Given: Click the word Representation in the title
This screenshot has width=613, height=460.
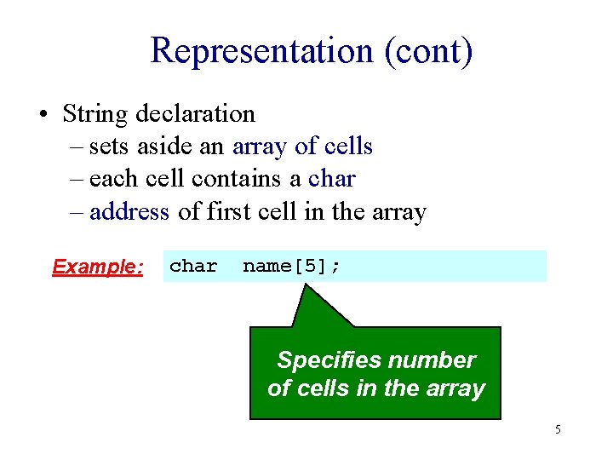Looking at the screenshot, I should pyautogui.click(x=261, y=50).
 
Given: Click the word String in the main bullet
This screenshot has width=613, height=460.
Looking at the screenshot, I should pyautogui.click(x=95, y=113).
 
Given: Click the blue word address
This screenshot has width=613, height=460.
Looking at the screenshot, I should pyautogui.click(x=129, y=211).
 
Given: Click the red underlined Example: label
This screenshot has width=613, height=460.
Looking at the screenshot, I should pyautogui.click(x=98, y=267).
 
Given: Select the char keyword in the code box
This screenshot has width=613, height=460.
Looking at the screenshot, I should pyautogui.click(x=193, y=266).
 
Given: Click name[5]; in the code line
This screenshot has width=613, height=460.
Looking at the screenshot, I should pyautogui.click(x=291, y=266).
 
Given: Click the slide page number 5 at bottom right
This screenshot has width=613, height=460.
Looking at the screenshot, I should pyautogui.click(x=558, y=429).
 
